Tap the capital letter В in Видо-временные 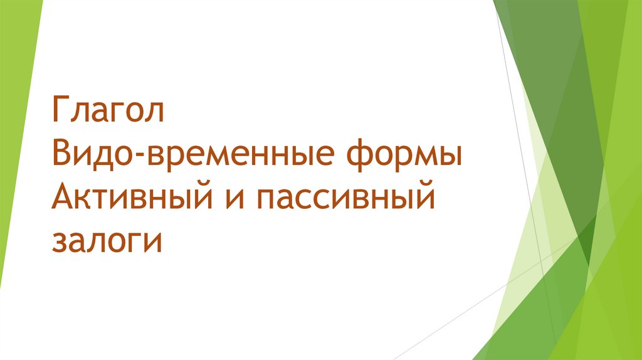[x=61, y=154]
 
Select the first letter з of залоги [x=59, y=243]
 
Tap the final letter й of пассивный [x=424, y=198]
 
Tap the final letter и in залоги [x=153, y=243]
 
